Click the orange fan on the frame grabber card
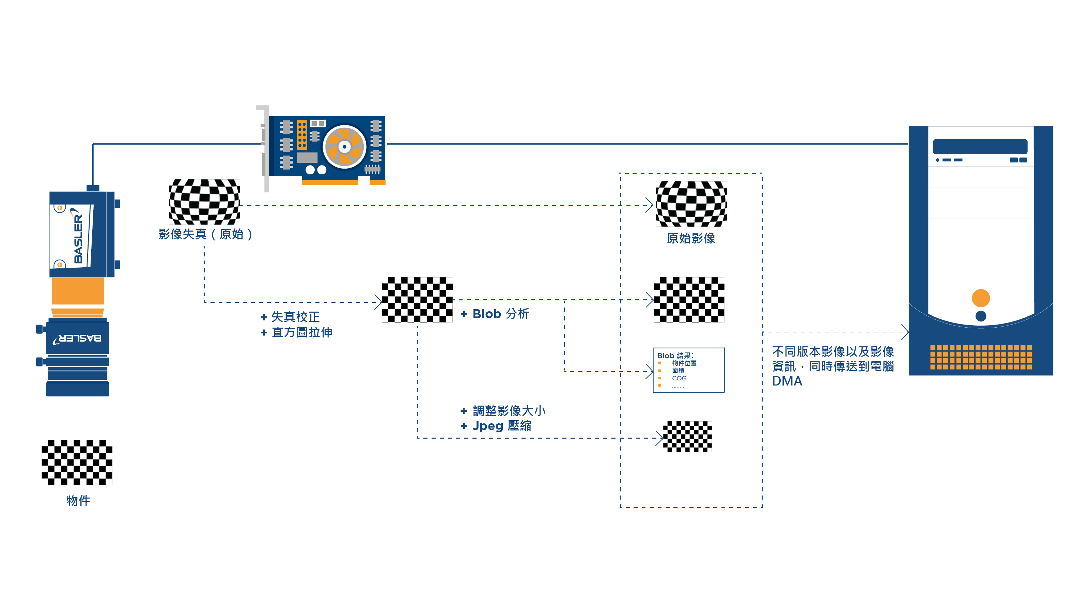pos(344,147)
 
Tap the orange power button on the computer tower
pos(980,298)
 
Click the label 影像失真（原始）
pos(206,234)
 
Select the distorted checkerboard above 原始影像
pos(691,204)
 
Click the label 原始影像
pos(691,238)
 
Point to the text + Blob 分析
pos(495,314)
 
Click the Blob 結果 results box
pos(688,370)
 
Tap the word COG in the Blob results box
pos(679,378)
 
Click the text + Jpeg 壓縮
pos(496,426)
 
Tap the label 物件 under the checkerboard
pos(78,501)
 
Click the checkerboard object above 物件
pos(77,462)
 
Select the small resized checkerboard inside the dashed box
pos(687,437)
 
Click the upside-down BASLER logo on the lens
pos(77,339)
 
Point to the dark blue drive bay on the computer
pos(980,146)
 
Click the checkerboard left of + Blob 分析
pos(417,300)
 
